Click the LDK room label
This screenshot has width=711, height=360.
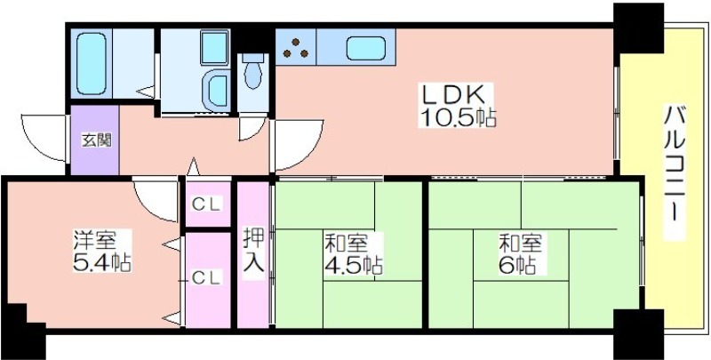(457, 95)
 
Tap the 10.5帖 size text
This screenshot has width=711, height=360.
(458, 117)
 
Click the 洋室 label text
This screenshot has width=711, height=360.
(96, 240)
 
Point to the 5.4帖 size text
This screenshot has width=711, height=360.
(102, 262)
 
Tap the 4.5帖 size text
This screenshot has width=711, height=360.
(353, 265)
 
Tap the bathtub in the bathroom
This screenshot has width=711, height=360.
(94, 63)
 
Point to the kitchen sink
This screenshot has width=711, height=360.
(366, 48)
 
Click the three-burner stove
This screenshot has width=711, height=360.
(296, 48)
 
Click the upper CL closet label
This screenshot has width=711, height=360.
(207, 205)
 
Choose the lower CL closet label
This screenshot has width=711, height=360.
(207, 278)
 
